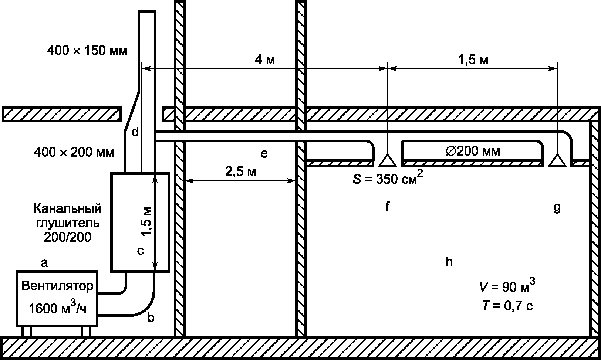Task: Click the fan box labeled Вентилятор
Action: [x=57, y=299]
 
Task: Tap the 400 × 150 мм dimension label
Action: [x=87, y=50]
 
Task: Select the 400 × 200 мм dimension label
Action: [x=74, y=152]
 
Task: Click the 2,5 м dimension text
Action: [x=241, y=171]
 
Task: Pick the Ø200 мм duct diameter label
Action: [x=473, y=151]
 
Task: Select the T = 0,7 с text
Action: [x=507, y=306]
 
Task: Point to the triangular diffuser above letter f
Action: [x=388, y=160]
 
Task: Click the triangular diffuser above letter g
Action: [x=557, y=160]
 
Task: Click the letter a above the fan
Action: [x=44, y=263]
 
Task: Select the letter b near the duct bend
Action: [x=151, y=317]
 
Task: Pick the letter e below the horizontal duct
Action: [x=264, y=154]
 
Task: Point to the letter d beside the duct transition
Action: [x=135, y=132]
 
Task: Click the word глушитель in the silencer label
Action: [x=68, y=223]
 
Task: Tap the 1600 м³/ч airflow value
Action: [x=58, y=307]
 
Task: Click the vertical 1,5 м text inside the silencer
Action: [x=147, y=221]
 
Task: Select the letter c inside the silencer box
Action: [x=140, y=251]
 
